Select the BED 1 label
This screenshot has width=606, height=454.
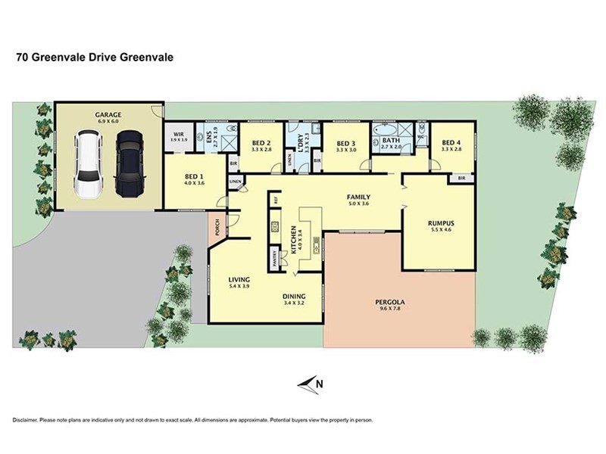pos(195,176)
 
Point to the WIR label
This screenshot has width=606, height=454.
pos(179,134)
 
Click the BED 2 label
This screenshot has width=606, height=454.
pos(261,143)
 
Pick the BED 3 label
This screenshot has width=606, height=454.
pos(345,143)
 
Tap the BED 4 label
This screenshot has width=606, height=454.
pos(451,142)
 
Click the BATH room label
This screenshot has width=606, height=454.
pos(391,141)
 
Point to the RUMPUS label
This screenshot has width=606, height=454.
pos(439,223)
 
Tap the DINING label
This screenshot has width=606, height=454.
pos(293,297)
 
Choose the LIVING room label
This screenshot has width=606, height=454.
pos(239,281)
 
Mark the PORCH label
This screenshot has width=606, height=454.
pos(217,227)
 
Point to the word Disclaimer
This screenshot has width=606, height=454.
pos(27,420)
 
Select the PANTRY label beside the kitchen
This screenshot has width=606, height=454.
pos(273,257)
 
